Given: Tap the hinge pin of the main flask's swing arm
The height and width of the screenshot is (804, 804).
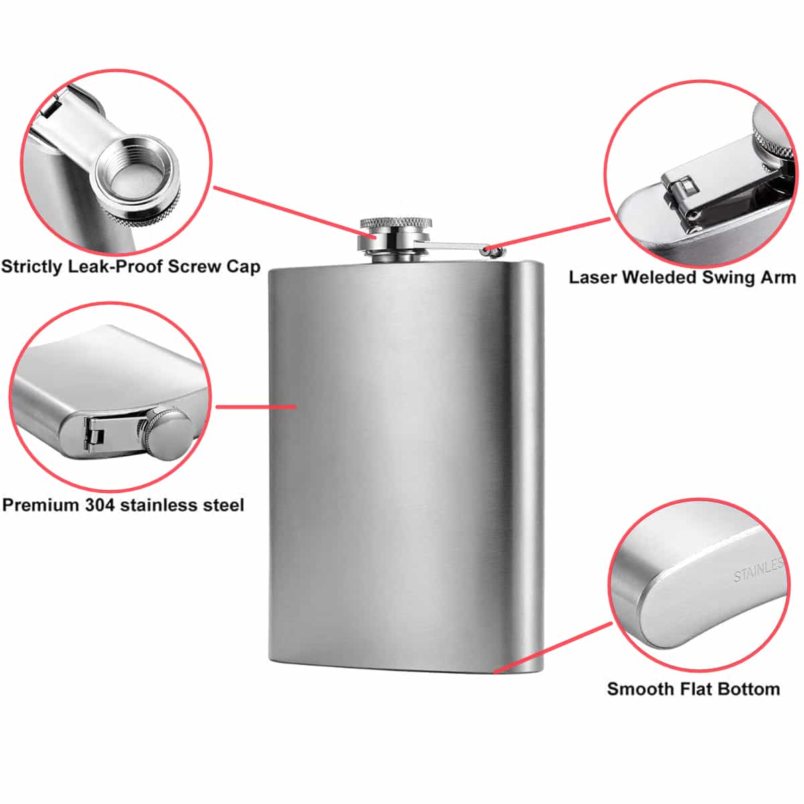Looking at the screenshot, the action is click(x=486, y=251).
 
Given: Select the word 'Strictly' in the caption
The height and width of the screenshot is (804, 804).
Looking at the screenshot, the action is click(x=31, y=267).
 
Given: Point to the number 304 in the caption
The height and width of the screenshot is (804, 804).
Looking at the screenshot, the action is click(x=100, y=505).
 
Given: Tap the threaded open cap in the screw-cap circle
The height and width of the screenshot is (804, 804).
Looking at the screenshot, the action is click(x=137, y=182).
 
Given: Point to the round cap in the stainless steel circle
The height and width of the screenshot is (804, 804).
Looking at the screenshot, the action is click(x=169, y=436).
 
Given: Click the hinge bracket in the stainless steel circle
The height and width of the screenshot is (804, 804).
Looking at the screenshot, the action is click(x=93, y=435).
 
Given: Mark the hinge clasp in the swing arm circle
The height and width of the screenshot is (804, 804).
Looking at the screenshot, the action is click(x=680, y=196).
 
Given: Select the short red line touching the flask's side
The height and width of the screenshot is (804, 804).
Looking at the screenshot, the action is click(x=256, y=406).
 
